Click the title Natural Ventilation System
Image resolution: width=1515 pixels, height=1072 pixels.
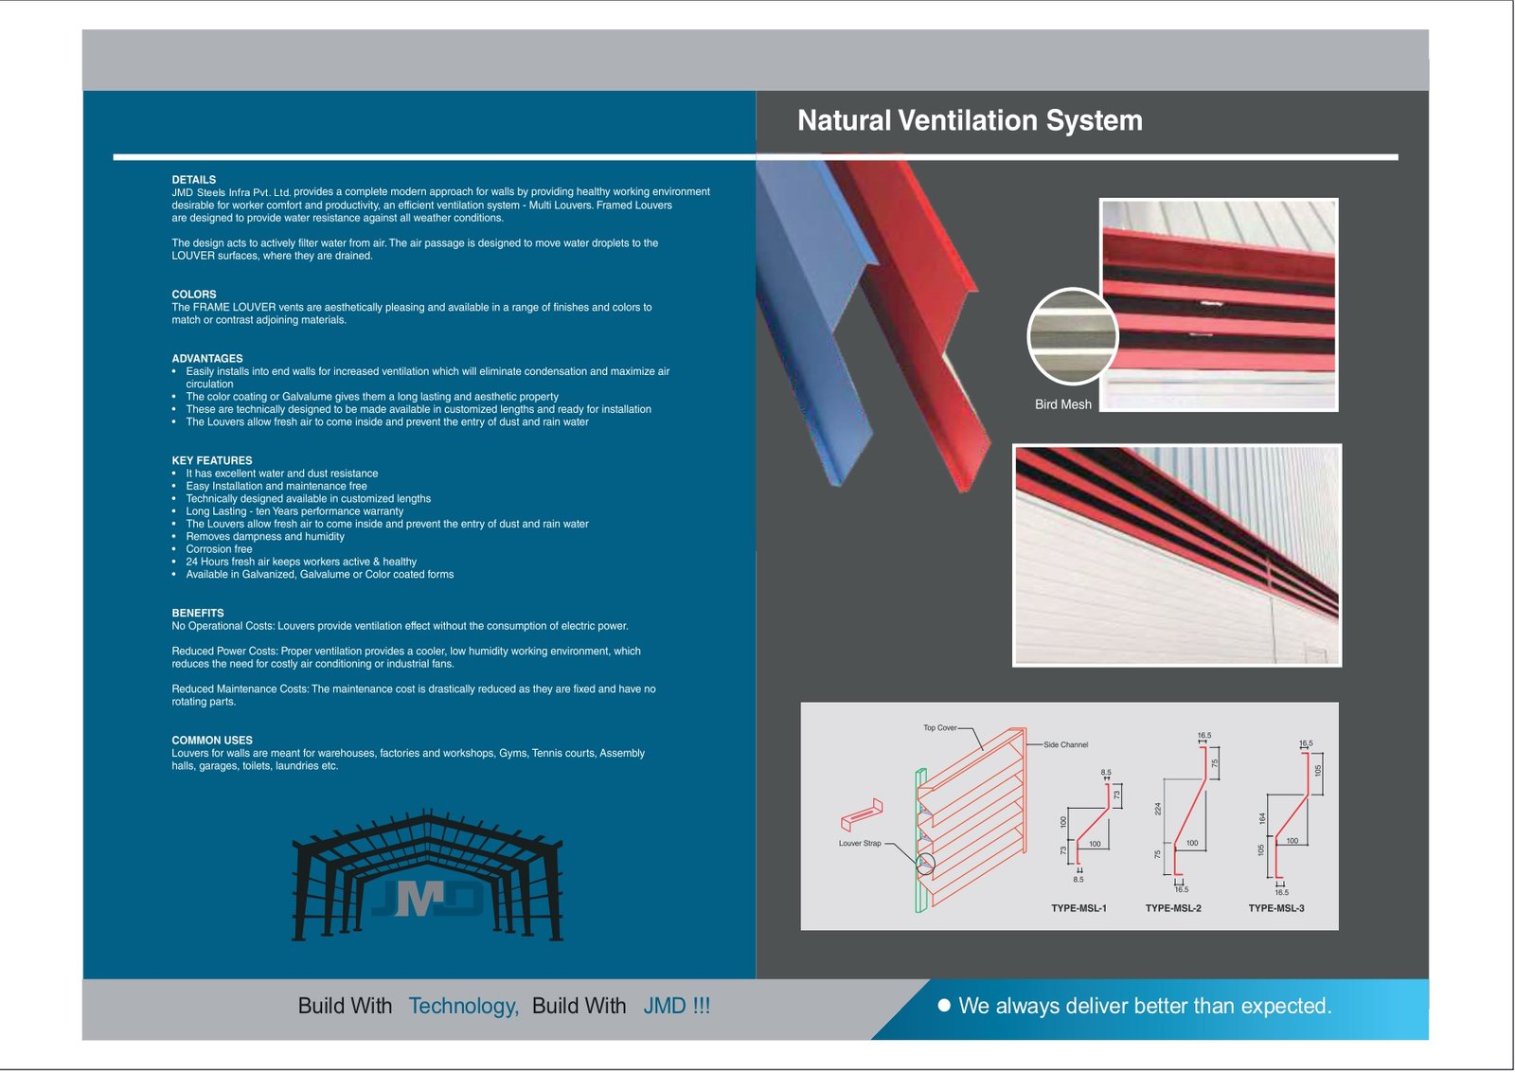pos(970,120)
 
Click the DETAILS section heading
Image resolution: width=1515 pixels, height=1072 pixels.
pos(193,180)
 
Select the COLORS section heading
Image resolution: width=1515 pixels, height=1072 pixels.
pos(193,295)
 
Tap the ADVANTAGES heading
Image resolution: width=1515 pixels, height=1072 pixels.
pos(206,359)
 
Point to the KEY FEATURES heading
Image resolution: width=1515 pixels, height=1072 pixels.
pos(211,461)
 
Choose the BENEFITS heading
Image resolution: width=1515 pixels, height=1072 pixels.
pos(197,614)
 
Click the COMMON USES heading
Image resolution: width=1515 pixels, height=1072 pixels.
pos(211,741)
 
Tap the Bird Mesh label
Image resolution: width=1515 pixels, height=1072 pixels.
pos(1062,404)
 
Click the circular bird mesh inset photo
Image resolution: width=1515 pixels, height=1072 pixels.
pos(1072,336)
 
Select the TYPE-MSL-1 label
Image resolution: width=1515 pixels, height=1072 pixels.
pos(1078,908)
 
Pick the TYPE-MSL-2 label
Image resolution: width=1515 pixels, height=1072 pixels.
pos(1173,908)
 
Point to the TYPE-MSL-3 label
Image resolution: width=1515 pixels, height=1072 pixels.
pos(1275,908)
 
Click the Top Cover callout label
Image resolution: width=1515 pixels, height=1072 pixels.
pos(939,728)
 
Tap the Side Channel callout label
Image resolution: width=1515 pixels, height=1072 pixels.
pos(1065,745)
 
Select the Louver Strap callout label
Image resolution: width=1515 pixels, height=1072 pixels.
pos(859,844)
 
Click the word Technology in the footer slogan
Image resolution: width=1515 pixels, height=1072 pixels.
pos(463,1006)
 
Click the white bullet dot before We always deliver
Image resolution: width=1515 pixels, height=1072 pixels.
pos(943,1005)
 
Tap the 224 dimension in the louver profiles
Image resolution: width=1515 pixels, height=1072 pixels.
pos(1157,809)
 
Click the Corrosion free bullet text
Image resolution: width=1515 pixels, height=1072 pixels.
pos(219,549)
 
